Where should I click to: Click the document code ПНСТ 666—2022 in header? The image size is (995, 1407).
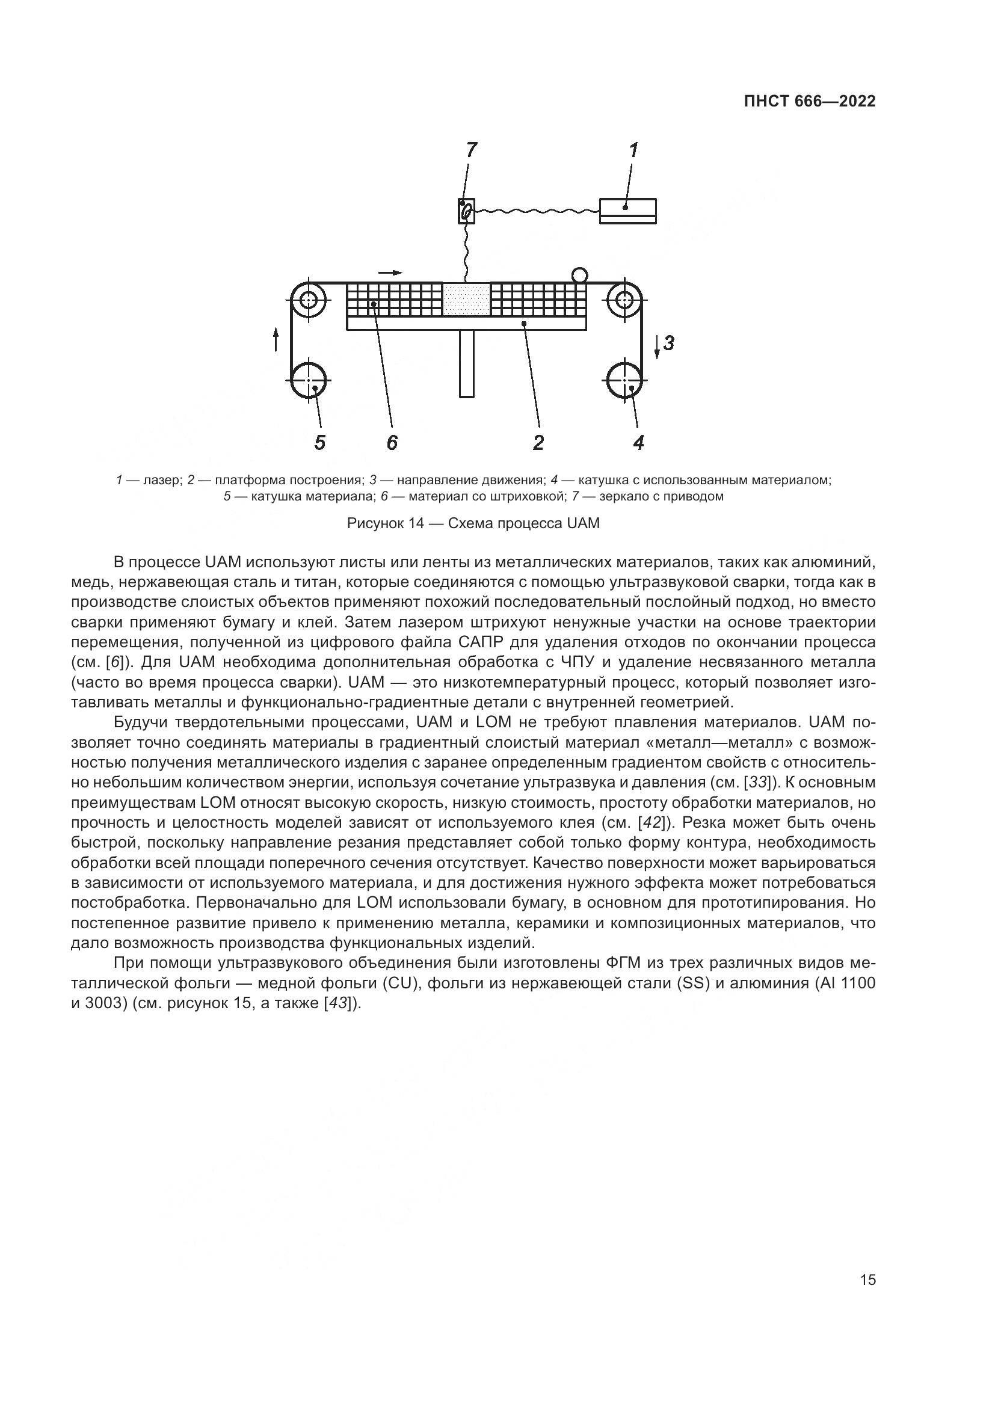pos(809,102)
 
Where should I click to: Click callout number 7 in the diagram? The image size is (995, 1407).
pos(470,150)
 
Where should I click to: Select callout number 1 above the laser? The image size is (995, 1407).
pos(633,150)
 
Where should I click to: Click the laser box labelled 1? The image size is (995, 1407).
pos(628,211)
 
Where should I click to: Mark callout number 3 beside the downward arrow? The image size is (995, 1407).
pos(669,343)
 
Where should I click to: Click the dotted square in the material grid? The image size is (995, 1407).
pos(466,299)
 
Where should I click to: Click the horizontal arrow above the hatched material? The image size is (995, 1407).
pos(390,272)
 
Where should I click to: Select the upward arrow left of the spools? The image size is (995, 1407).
pos(276,339)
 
